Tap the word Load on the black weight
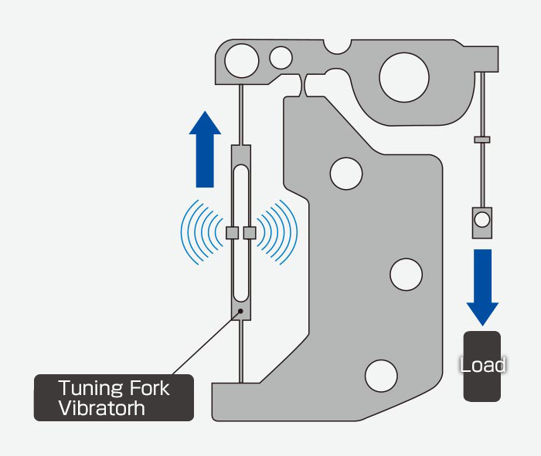click(482, 364)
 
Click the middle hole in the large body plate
click(406, 272)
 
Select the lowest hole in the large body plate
click(381, 374)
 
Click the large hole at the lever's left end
click(242, 59)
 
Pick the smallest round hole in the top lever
click(281, 57)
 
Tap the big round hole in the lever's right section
click(403, 74)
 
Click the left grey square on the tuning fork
click(231, 232)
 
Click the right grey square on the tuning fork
click(250, 232)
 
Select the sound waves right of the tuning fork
click(278, 231)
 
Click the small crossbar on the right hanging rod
click(482, 140)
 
